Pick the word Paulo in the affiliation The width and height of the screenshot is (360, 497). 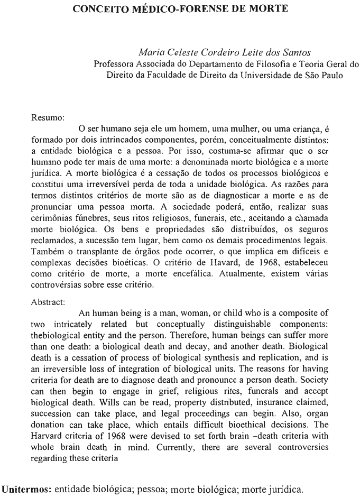click(x=331, y=75)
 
